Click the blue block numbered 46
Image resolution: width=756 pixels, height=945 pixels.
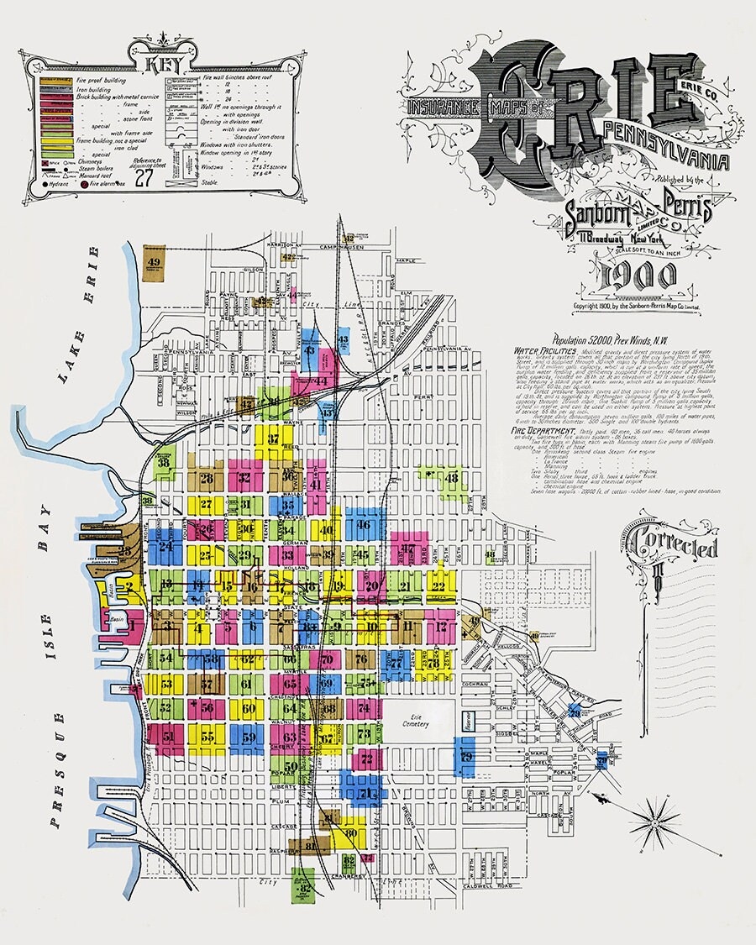[x=364, y=526]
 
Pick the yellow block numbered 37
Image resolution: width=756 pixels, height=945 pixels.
[x=274, y=439]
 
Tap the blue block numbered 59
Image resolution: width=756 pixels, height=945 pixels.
[x=248, y=738]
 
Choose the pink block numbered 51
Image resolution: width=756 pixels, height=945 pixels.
[x=169, y=738]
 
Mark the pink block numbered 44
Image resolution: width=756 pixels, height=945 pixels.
[x=320, y=381]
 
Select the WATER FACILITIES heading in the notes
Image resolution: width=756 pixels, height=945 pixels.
[x=543, y=349]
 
